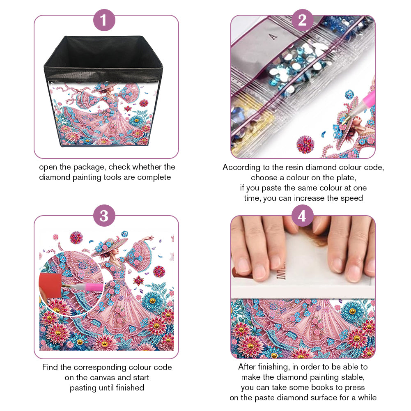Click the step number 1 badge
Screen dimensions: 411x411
pyautogui.click(x=104, y=20)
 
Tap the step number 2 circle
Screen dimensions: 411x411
pyautogui.click(x=302, y=20)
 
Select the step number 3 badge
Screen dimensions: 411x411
pyautogui.click(x=104, y=216)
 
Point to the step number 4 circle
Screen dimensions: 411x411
pyautogui.click(x=302, y=216)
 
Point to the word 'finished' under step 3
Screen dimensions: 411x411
pyautogui.click(x=130, y=388)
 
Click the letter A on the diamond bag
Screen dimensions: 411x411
pyautogui.click(x=273, y=37)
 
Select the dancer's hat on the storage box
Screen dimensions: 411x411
pyautogui.click(x=103, y=88)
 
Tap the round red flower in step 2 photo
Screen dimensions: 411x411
pyautogui.click(x=305, y=145)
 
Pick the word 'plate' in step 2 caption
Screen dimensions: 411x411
pyautogui.click(x=344, y=178)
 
